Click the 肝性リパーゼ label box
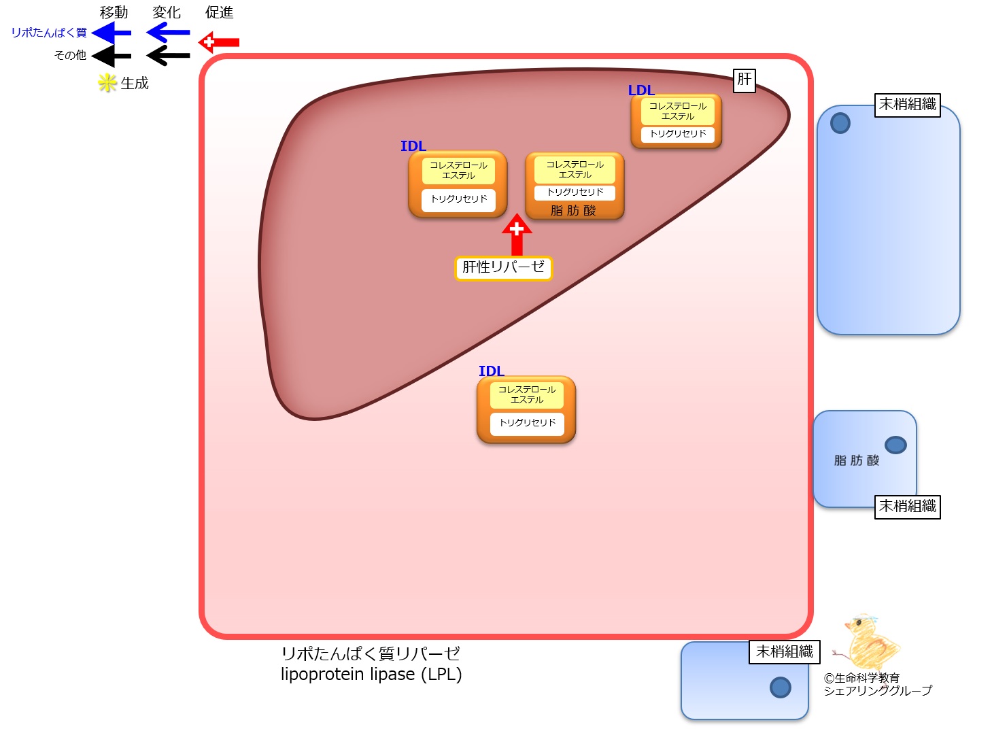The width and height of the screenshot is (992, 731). pos(503,267)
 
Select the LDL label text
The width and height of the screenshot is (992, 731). pos(640,90)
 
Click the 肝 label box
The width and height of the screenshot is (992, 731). pos(745,80)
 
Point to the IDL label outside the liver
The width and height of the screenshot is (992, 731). pos(491,371)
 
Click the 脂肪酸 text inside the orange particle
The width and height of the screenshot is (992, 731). pos(573,211)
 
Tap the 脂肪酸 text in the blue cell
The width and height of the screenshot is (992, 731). pos(857,460)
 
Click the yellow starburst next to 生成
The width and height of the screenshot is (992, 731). pos(107,83)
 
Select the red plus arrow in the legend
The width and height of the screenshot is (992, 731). pos(219,42)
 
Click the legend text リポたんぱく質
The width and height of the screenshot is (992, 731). pos(49,33)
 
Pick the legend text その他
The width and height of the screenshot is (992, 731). pos(70,55)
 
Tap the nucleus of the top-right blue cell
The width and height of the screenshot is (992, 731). pos(840,123)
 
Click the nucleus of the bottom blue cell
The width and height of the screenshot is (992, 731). pos(780,687)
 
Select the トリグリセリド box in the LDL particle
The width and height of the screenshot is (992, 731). pos(678,134)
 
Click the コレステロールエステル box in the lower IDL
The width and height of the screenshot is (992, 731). pos(527,395)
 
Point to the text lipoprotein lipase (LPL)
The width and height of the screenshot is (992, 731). pos(371,675)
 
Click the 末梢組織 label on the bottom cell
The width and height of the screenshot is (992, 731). pos(785,652)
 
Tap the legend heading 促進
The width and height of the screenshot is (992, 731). pos(219,12)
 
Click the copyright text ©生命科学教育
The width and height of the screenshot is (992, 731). pos(861,678)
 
